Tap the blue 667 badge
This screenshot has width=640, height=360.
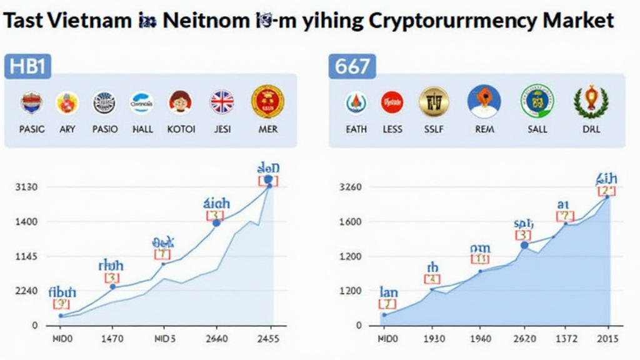(352, 66)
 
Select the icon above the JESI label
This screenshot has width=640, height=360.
(222, 102)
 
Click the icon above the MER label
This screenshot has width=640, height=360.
(267, 102)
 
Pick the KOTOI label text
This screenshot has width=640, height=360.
(181, 129)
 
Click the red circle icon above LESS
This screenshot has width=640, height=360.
(392, 102)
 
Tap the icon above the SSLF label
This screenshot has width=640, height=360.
(434, 102)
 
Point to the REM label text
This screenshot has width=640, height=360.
(484, 129)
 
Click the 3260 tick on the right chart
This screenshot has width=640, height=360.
(351, 187)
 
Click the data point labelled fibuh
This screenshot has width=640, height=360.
(61, 316)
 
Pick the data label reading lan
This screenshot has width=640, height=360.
(388, 292)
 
